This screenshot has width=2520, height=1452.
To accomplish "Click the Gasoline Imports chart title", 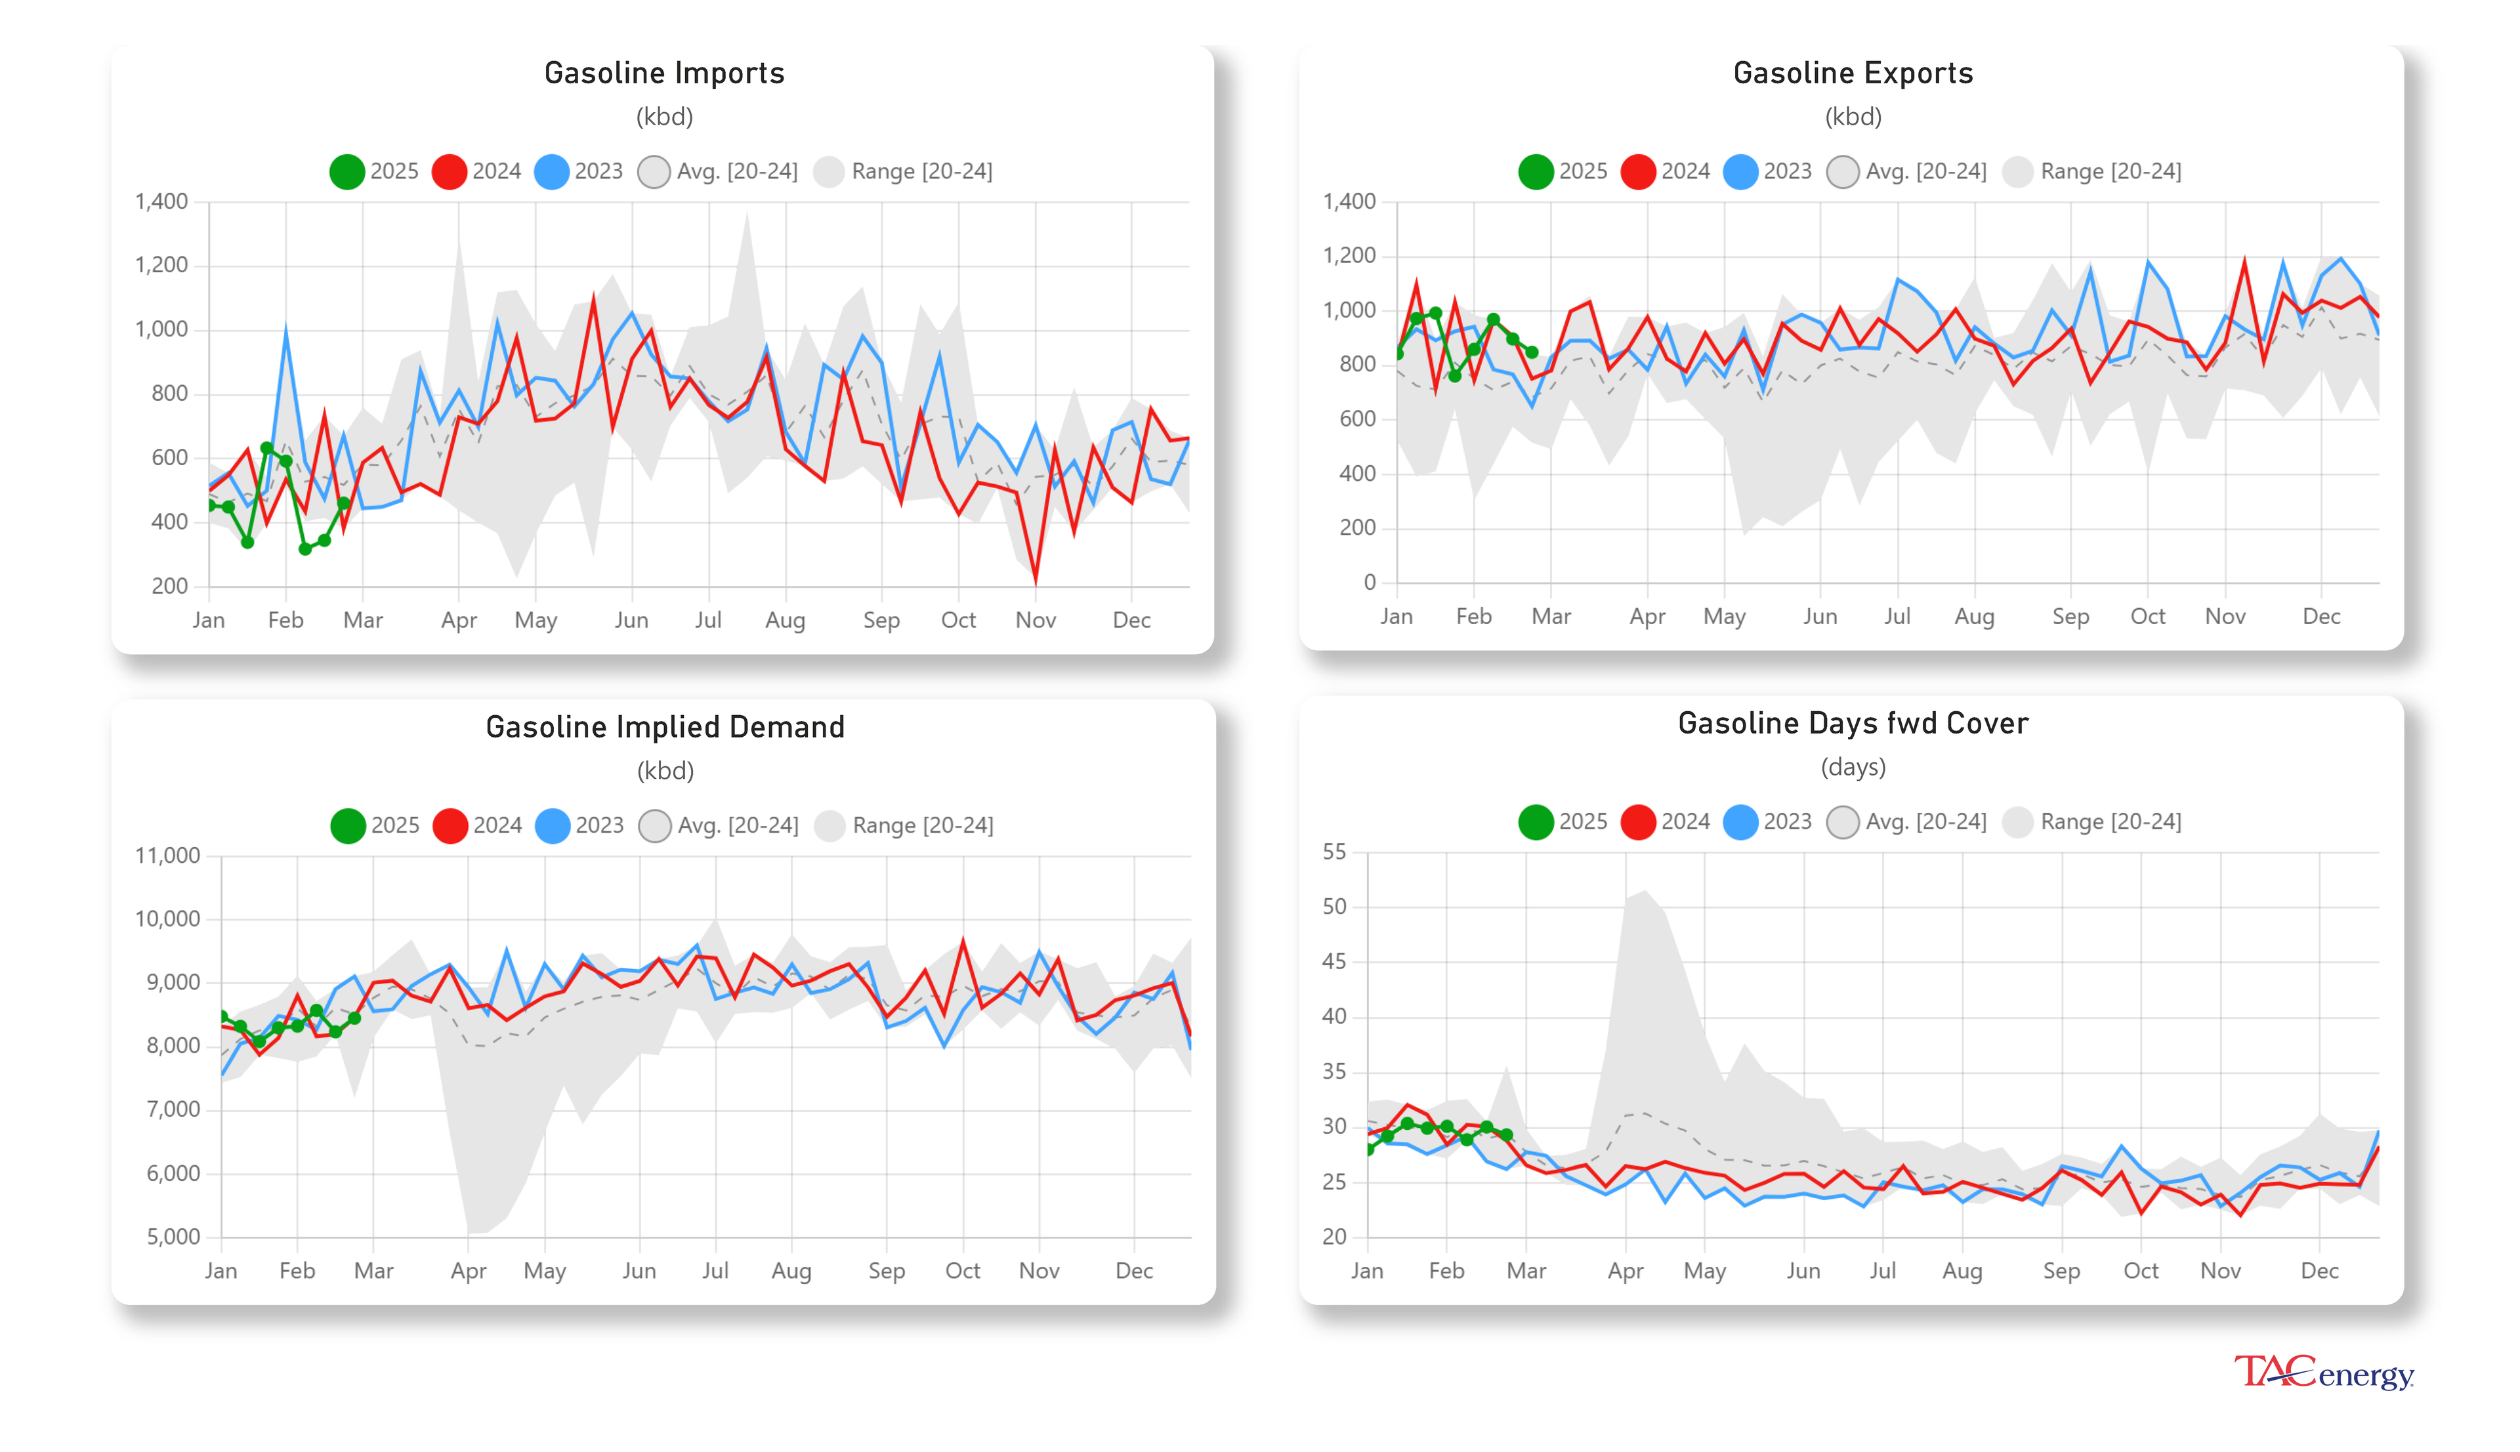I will [x=663, y=73].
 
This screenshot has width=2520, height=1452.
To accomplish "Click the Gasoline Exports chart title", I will [x=1852, y=73].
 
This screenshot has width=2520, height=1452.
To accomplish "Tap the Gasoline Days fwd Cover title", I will [x=1852, y=723].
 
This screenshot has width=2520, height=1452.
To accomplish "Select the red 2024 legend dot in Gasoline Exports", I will [x=1637, y=171].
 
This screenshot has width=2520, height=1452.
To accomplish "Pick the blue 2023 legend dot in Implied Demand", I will [x=551, y=825].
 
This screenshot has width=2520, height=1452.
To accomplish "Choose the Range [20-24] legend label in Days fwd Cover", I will [x=2110, y=821].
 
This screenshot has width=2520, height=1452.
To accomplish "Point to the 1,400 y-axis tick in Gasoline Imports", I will [x=161, y=201].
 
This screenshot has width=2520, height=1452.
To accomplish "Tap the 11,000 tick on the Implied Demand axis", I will [x=167, y=856].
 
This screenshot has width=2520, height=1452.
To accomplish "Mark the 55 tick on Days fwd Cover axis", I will [x=1333, y=852].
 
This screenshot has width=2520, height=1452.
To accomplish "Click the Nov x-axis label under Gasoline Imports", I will [x=1035, y=620].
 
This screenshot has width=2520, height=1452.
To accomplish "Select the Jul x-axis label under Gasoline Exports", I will [x=1896, y=616].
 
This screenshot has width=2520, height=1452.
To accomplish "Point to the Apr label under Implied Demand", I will [x=468, y=1270].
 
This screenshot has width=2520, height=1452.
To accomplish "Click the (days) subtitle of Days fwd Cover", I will [x=1852, y=767].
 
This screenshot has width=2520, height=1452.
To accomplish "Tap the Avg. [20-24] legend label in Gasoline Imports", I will [x=737, y=171].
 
